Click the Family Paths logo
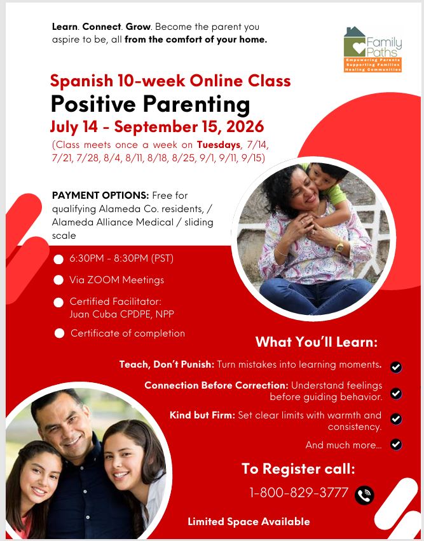coord(373,50)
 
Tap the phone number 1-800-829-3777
coord(299,493)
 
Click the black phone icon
coord(364,495)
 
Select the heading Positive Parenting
coord(151,104)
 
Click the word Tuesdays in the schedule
coord(219,145)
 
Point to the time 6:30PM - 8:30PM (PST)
coord(121,258)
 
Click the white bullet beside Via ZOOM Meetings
coord(58,280)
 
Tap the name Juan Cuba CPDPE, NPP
coord(121,314)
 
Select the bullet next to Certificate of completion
coord(59,333)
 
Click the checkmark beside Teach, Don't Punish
coord(396,367)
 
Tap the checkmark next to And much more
coord(396,444)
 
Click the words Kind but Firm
coord(202,415)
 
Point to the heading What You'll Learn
coord(317,342)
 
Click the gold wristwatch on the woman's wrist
coord(339,246)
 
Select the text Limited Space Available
coord(249,521)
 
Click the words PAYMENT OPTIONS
coord(100,196)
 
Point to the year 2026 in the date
coord(245,127)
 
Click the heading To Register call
coord(298,469)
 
